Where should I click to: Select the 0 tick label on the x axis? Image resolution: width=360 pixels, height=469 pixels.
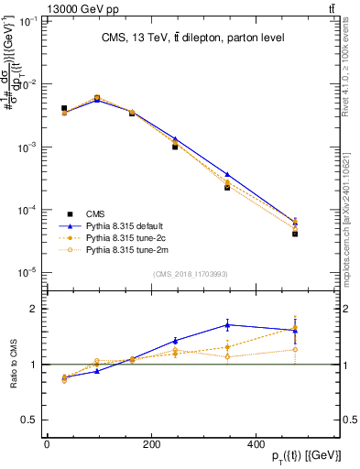click(47, 445)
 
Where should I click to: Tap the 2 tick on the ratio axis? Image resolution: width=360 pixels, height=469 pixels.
click(33, 309)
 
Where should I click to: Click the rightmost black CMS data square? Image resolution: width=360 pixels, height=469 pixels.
click(295, 234)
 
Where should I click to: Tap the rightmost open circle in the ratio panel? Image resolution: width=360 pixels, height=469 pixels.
click(295, 349)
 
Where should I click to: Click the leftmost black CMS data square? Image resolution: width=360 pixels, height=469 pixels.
click(64, 108)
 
